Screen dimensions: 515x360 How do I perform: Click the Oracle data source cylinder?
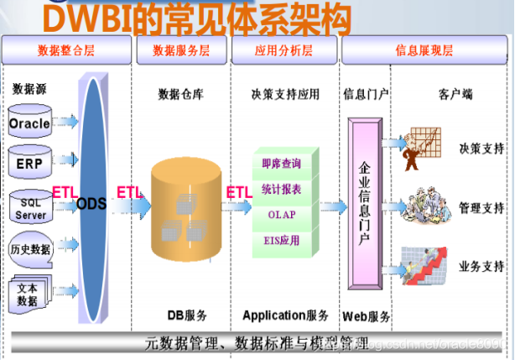[30, 123]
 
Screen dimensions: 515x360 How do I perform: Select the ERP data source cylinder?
[30, 161]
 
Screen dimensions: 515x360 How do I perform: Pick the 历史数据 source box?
[30, 249]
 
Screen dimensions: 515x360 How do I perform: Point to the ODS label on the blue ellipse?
[91, 203]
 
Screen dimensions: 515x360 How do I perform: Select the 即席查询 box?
[281, 164]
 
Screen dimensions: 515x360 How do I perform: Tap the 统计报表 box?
[281, 189]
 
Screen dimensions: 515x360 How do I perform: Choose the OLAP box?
[281, 214]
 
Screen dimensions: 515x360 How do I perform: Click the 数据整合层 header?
[67, 50]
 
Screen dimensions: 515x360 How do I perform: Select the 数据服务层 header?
[181, 50]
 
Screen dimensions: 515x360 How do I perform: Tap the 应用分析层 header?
[284, 50]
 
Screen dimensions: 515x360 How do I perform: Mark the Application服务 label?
[285, 316]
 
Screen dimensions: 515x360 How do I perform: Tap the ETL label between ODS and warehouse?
[130, 192]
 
